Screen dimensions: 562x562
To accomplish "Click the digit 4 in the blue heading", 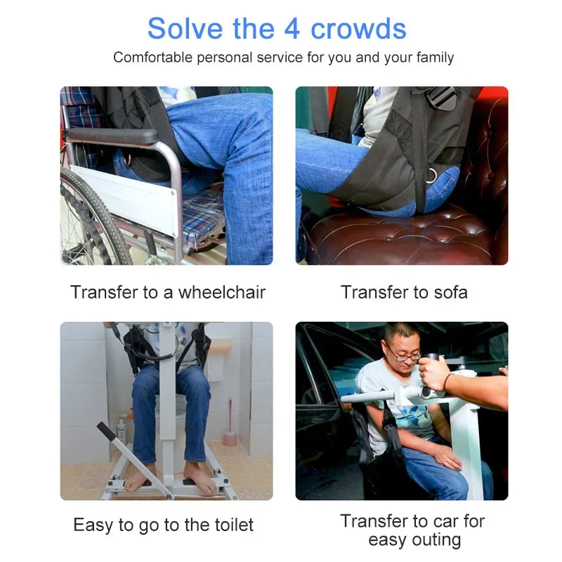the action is point(292,29).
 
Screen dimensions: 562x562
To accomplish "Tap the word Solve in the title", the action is point(185,29).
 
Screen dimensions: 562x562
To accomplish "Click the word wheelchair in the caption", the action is point(222,292).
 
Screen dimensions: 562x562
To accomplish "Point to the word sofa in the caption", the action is point(450,292).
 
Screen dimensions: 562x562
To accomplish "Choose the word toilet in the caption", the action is point(234,525).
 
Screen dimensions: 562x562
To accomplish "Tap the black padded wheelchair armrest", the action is point(112,136).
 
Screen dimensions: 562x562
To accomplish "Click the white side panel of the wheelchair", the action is point(124,199).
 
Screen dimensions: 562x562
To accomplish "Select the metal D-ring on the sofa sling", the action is point(432,175).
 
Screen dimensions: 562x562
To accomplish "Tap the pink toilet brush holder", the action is point(230,438).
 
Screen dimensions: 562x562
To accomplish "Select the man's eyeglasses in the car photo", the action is point(403,354).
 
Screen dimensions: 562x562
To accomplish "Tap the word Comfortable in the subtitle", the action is point(153,58).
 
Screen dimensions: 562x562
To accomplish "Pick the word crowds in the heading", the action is point(358,29).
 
